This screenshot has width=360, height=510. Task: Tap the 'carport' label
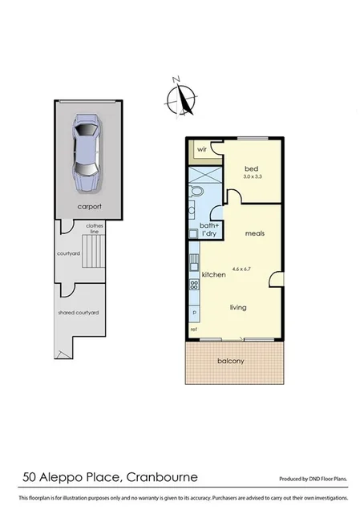point(89,206)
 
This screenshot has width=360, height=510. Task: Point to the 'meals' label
point(256,233)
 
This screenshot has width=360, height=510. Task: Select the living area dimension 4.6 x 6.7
point(242,269)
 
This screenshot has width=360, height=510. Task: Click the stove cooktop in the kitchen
point(193,285)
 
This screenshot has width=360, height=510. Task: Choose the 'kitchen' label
point(213,275)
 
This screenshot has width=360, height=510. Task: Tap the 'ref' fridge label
point(193,330)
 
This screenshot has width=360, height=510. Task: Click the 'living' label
point(238,307)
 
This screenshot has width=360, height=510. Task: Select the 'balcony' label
point(231,361)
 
